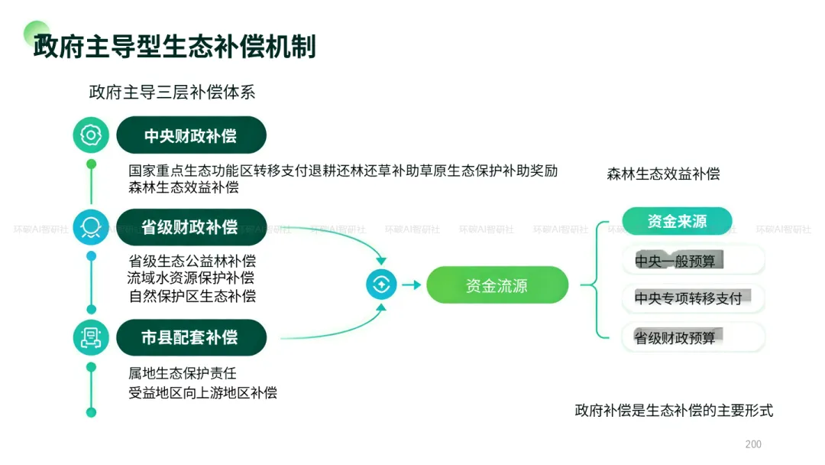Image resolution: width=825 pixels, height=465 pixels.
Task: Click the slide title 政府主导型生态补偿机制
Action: click(x=174, y=47)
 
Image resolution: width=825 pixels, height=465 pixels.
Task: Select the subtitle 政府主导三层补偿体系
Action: click(x=172, y=92)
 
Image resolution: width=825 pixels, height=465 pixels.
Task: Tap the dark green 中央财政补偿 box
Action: click(x=191, y=135)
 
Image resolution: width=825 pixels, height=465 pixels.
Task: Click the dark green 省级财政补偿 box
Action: click(x=191, y=227)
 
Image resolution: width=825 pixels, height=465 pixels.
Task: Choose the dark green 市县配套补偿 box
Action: click(x=191, y=337)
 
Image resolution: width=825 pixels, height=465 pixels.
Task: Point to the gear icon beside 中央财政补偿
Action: click(x=91, y=135)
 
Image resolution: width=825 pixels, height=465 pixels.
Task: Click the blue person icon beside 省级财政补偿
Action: click(x=91, y=227)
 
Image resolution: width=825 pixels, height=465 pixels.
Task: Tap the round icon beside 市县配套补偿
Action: click(x=91, y=337)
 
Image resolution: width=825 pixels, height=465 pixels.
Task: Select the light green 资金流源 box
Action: click(x=497, y=285)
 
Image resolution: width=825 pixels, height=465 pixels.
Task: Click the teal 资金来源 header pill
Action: click(x=677, y=221)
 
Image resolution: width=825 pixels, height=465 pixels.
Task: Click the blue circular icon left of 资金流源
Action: click(x=381, y=285)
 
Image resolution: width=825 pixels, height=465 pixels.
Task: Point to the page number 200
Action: click(x=753, y=444)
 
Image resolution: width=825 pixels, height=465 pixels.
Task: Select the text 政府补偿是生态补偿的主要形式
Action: click(x=674, y=410)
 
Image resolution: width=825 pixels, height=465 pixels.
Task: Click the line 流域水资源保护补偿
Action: click(x=190, y=278)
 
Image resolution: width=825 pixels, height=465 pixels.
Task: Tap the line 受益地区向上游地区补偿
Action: click(x=202, y=392)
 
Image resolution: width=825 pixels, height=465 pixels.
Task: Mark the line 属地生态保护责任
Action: click(x=182, y=373)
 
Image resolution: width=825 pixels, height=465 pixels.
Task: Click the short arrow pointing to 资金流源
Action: click(x=412, y=285)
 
